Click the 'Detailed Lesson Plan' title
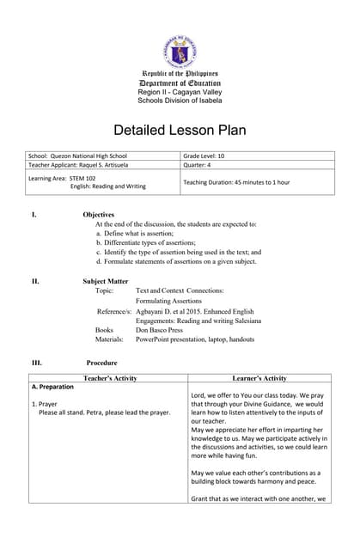[180, 131]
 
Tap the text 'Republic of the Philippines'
[180, 74]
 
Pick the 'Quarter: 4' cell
[200, 165]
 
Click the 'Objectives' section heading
[99, 214]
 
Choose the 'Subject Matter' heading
[106, 281]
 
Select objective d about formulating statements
[176, 261]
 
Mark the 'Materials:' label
[109, 339]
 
